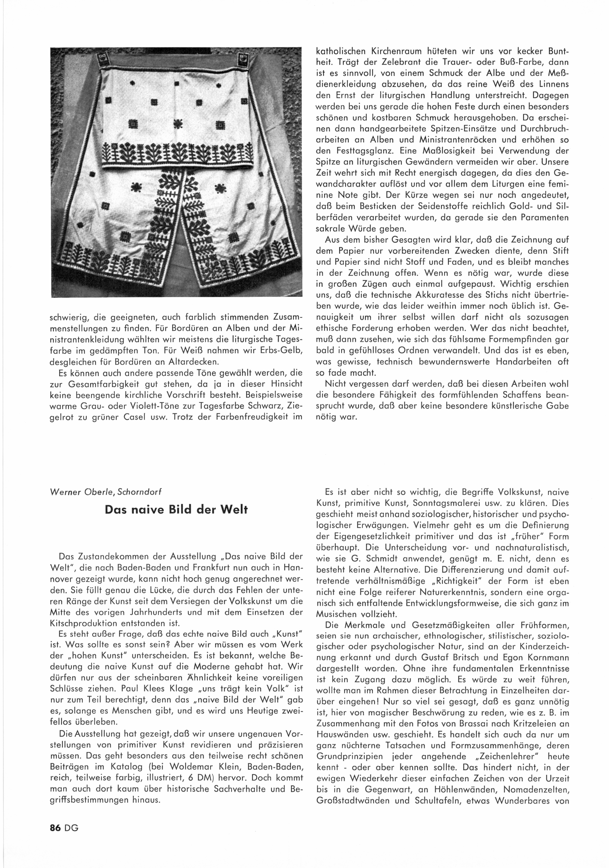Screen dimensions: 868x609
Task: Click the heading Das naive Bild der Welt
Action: (x=176, y=509)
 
